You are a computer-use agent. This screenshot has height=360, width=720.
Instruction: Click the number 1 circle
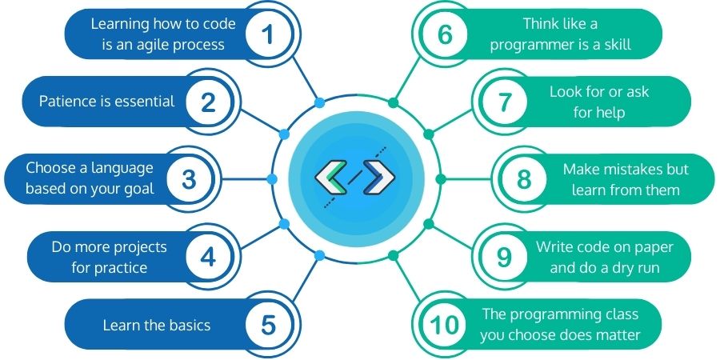coord(269,35)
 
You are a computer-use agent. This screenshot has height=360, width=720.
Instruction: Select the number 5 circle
coord(269,325)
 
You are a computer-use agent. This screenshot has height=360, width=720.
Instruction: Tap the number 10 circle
coord(445,325)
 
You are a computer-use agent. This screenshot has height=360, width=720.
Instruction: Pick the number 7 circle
coord(504,102)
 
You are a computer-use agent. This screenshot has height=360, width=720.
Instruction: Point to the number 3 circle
coord(189,179)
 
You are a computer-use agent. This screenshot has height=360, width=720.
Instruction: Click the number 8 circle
coord(524,179)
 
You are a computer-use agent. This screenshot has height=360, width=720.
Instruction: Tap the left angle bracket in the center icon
coord(330,177)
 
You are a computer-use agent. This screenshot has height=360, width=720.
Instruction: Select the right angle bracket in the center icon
coord(379,177)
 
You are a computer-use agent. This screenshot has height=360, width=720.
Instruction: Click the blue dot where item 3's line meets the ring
coord(272,179)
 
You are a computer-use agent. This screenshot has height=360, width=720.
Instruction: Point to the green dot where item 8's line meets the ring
coord(440,179)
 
